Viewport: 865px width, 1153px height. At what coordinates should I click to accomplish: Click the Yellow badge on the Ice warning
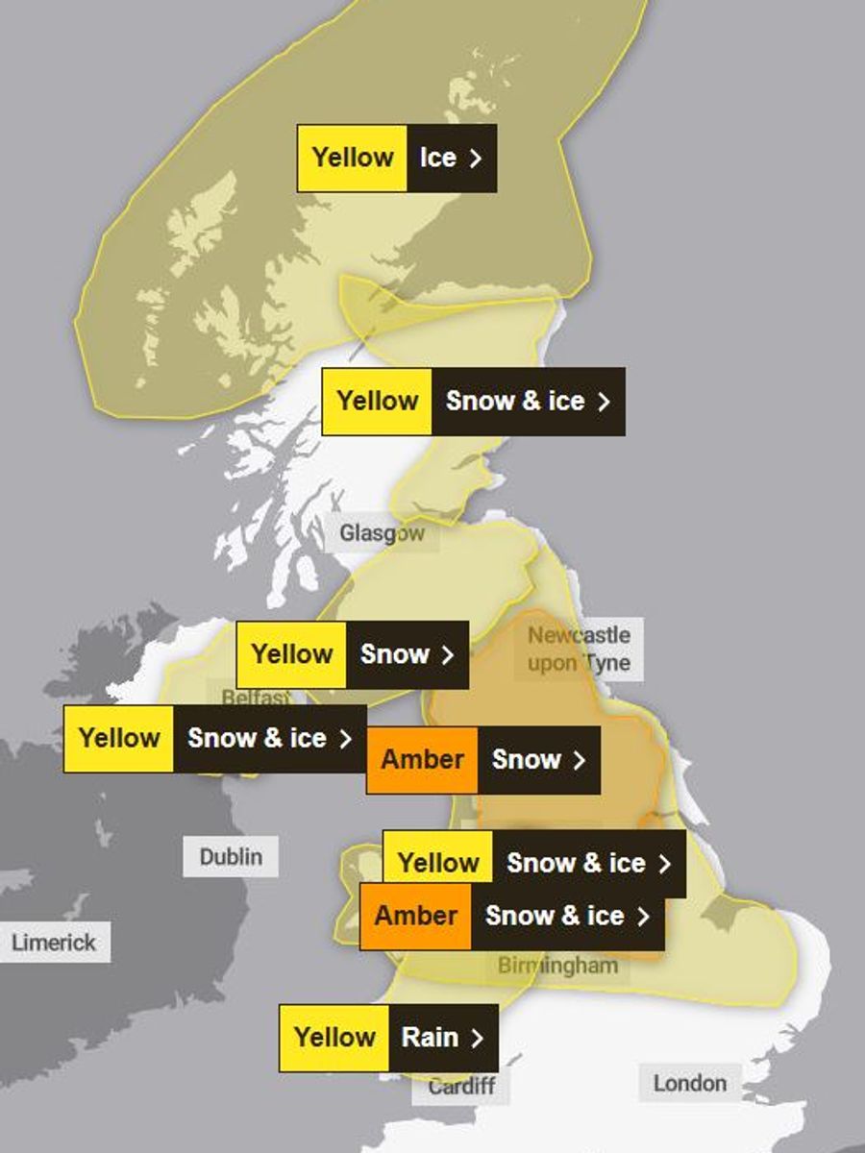(353, 158)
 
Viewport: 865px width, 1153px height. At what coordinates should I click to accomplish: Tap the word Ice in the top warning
(437, 158)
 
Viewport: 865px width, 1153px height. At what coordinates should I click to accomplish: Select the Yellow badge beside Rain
(334, 1038)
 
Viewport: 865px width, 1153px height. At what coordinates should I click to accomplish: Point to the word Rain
(430, 1038)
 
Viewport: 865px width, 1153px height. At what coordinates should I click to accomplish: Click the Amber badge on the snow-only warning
(422, 759)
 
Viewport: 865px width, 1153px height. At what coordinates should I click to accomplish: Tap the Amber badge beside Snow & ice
(415, 916)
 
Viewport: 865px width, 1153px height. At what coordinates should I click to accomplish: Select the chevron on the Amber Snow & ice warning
(644, 916)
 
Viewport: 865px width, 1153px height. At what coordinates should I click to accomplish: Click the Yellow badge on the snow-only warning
(291, 654)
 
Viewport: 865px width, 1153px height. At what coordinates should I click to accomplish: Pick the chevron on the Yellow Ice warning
(475, 158)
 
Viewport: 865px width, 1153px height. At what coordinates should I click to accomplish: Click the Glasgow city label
(382, 533)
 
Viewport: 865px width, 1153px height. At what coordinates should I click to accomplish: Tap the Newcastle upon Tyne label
(579, 649)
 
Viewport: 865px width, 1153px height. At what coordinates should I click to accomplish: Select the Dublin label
(231, 856)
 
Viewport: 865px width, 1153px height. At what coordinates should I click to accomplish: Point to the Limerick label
(54, 943)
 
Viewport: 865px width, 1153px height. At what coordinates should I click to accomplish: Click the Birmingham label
(557, 966)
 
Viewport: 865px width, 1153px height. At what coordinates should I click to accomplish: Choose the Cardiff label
(461, 1087)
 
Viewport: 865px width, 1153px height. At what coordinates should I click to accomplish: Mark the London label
(689, 1083)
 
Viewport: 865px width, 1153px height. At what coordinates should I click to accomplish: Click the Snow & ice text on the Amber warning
(555, 916)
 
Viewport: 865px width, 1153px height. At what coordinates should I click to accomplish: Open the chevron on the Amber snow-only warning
(579, 759)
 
